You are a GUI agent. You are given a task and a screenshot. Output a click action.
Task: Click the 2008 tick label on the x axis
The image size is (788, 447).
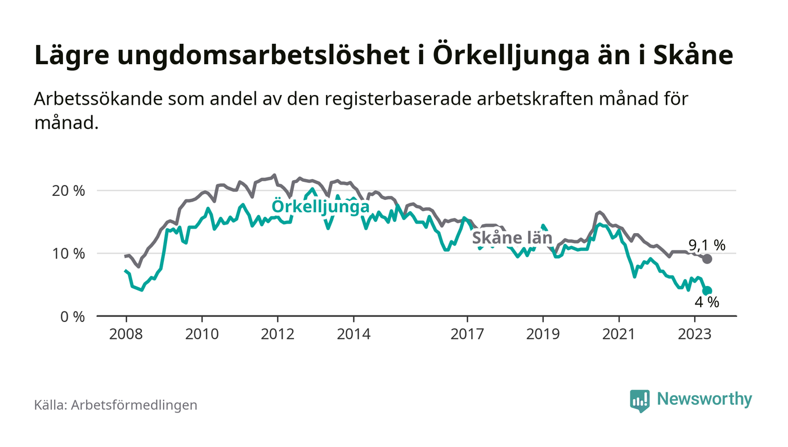click(126, 334)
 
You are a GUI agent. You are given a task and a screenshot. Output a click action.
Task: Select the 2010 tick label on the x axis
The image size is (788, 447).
click(202, 334)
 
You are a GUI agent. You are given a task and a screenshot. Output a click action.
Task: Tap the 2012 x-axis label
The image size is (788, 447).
click(277, 334)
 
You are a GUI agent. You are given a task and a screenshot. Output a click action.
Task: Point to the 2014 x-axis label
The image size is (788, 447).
click(353, 334)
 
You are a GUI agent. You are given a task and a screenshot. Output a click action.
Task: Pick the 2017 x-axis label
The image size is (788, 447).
click(467, 334)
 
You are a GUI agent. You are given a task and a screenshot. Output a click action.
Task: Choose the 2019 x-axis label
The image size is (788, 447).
click(543, 334)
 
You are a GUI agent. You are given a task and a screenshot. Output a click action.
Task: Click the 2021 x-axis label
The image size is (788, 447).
click(619, 334)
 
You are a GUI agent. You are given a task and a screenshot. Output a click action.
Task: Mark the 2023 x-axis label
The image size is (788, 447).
click(695, 334)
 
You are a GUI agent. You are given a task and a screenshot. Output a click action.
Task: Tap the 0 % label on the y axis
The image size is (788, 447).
click(73, 316)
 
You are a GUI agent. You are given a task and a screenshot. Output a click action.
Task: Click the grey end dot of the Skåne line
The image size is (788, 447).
click(708, 259)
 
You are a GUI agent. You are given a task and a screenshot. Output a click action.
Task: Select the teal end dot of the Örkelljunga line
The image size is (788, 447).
click(708, 291)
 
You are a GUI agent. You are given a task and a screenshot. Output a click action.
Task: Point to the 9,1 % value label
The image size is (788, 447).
click(707, 245)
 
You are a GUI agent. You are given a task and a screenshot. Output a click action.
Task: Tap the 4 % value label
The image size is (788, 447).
click(707, 302)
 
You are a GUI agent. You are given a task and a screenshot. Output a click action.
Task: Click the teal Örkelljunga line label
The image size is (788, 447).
click(320, 207)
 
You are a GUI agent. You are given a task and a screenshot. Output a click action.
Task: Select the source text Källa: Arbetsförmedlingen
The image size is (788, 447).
click(115, 405)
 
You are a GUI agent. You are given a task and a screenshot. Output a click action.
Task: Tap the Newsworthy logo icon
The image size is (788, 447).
click(639, 400)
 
